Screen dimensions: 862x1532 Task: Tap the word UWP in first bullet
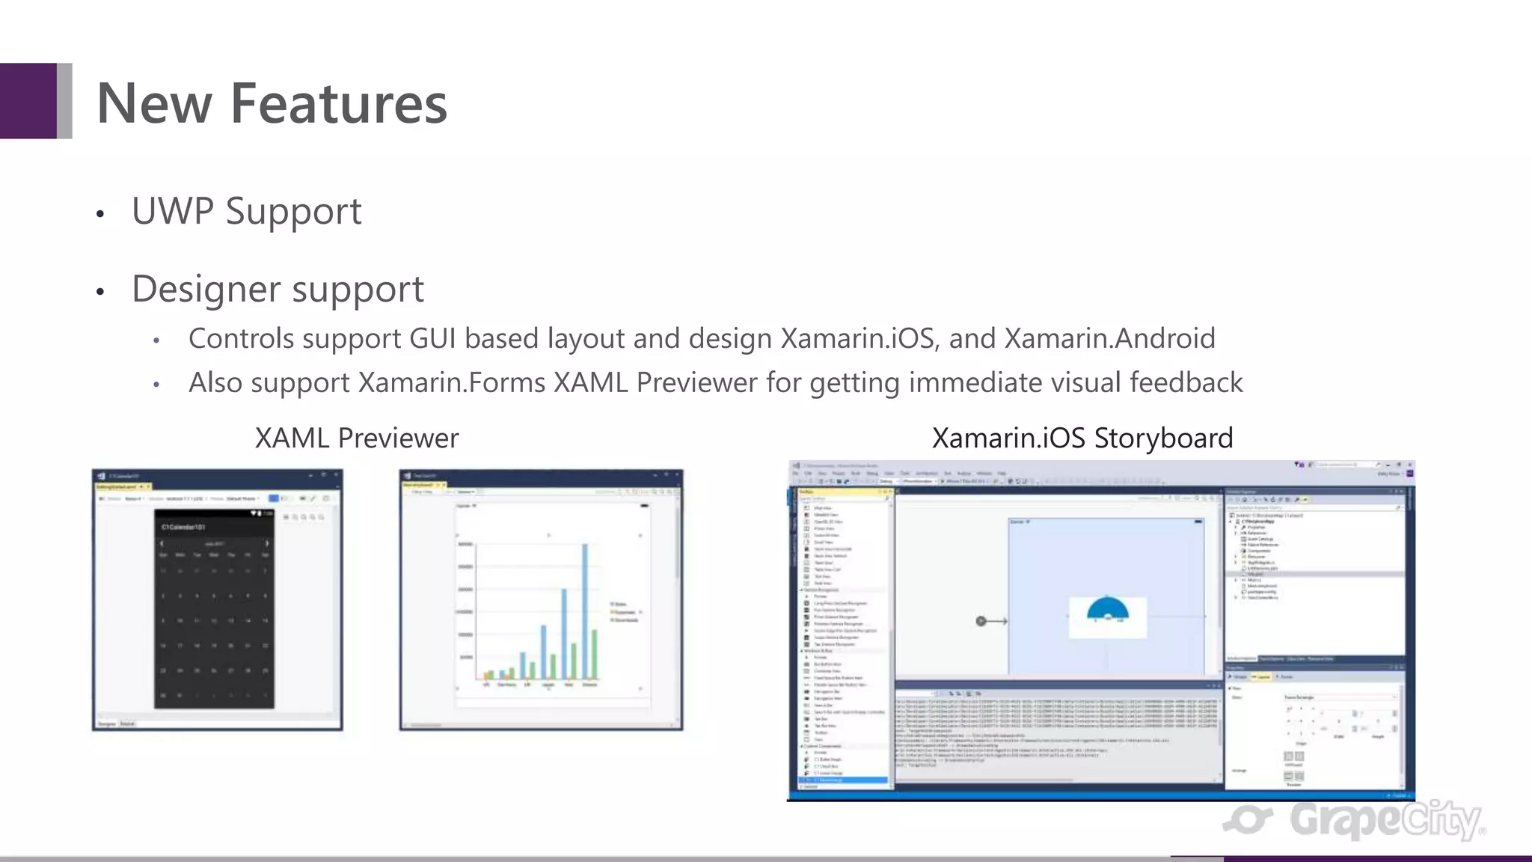pos(173,211)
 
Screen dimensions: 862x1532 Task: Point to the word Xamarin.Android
pos(1109,339)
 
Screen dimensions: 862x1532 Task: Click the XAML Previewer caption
pos(357,438)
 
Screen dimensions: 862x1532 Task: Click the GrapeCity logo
pos(1354,820)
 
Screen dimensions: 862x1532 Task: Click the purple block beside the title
pos(28,101)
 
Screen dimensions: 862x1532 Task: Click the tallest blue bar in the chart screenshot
pos(585,610)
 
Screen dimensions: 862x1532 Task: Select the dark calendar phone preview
pos(214,610)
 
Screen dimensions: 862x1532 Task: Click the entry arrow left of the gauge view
pos(991,621)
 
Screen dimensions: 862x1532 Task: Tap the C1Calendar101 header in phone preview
pos(184,528)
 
